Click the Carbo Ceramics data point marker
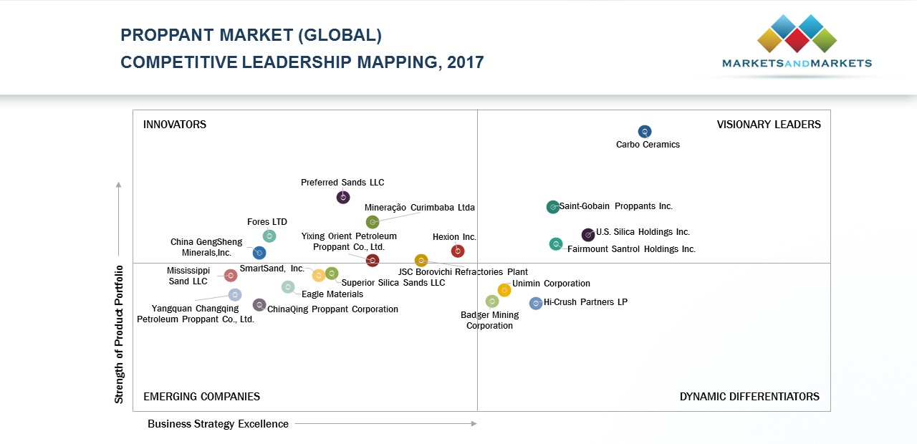[x=645, y=132]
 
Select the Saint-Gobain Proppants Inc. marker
[x=553, y=207]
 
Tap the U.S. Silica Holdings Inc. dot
[x=588, y=234]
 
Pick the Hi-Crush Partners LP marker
[x=536, y=304]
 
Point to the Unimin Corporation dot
[x=504, y=290]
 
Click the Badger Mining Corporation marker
[x=492, y=301]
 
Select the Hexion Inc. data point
[x=458, y=251]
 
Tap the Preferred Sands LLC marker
[x=343, y=197]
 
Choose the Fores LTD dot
[x=269, y=236]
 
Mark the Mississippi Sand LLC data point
[x=231, y=276]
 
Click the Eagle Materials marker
[x=288, y=287]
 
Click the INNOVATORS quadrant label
[x=175, y=125]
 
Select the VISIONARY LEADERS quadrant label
[x=769, y=125]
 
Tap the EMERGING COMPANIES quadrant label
[x=201, y=397]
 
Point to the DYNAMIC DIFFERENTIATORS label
[x=749, y=397]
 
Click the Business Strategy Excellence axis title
[x=218, y=424]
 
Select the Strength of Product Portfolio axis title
[x=120, y=334]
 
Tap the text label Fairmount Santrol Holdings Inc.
[x=631, y=249]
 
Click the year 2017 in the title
[x=466, y=62]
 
